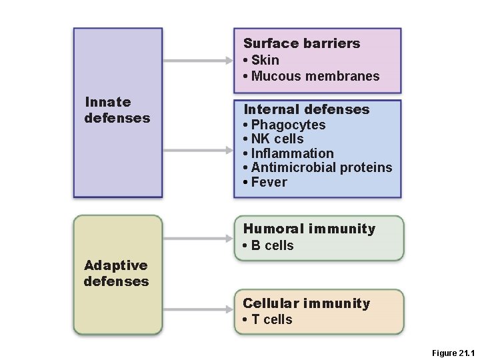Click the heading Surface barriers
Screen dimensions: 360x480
pyautogui.click(x=301, y=44)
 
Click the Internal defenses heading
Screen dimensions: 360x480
pyautogui.click(x=306, y=109)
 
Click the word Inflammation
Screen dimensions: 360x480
pyautogui.click(x=292, y=153)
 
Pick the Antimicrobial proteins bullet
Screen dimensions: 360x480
pyautogui.click(x=321, y=167)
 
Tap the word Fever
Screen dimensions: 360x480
pyautogui.click(x=269, y=182)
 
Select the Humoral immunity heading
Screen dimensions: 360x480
pyautogui.click(x=309, y=229)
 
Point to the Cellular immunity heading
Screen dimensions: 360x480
pyautogui.click(x=306, y=303)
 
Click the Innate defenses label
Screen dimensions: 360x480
pyautogui.click(x=117, y=110)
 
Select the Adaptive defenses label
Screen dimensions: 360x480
pyautogui.click(x=117, y=273)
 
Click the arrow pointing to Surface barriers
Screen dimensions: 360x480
pyautogui.click(x=197, y=61)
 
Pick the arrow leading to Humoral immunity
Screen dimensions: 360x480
pyautogui.click(x=197, y=237)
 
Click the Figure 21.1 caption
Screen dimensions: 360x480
pyautogui.click(x=452, y=353)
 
